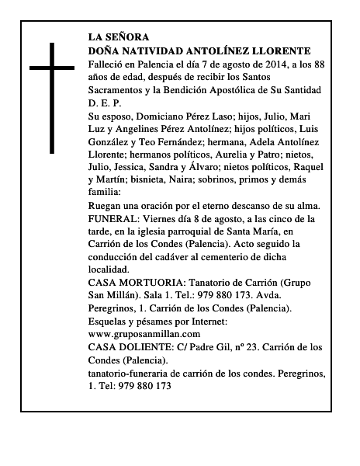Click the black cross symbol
pos(54,96)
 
